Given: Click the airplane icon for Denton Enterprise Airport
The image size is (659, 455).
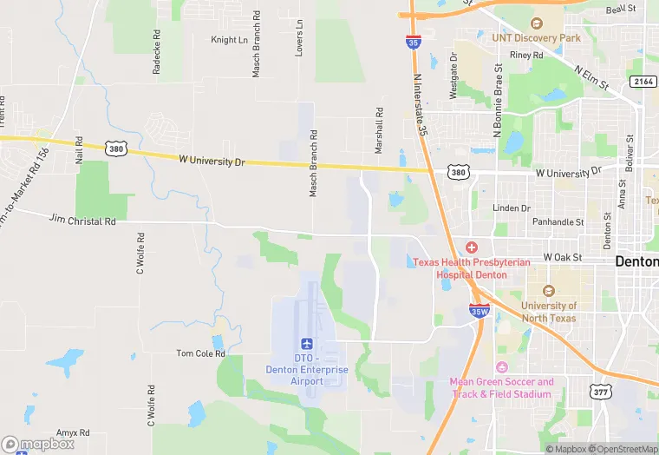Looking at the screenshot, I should (306, 345).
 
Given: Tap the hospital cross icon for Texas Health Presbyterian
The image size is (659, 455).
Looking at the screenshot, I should (472, 248).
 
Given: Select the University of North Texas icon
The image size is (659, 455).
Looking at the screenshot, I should (548, 292).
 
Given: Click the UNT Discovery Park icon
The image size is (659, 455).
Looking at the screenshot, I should (536, 23).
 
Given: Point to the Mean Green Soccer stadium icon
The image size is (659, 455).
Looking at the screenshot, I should (501, 368).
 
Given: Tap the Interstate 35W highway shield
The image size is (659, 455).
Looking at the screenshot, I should (478, 310).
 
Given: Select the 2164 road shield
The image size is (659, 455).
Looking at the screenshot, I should (643, 81).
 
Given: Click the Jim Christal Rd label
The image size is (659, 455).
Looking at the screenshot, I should (82, 221).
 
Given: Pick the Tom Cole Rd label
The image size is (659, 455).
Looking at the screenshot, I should (200, 353).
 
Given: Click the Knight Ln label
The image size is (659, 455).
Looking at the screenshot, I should (230, 40).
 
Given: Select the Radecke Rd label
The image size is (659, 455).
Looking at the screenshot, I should (157, 56).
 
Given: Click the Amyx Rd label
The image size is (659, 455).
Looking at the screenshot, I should (73, 432).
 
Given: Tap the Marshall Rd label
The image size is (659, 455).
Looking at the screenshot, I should (379, 131).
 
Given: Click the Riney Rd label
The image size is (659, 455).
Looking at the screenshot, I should (526, 55).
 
